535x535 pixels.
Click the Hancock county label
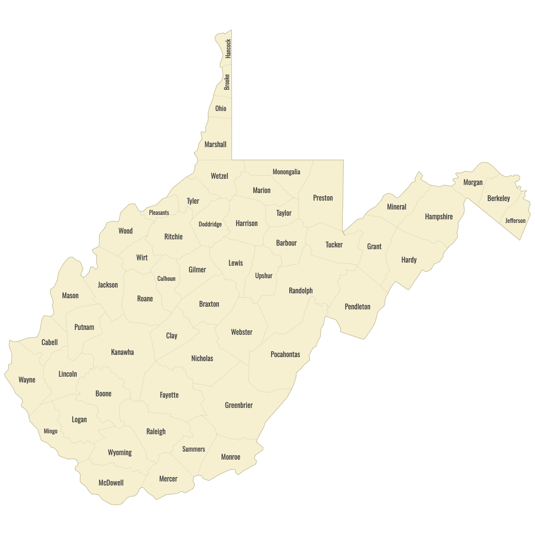tap(228, 49)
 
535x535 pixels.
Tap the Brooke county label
tap(227, 82)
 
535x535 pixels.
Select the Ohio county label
tap(221, 108)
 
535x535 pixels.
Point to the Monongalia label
tap(286, 172)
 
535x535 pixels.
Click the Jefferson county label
tap(515, 221)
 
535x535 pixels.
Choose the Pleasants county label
tap(159, 213)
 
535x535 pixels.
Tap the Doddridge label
tap(210, 224)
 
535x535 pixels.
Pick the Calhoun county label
tap(166, 279)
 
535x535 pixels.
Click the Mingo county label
tap(50, 431)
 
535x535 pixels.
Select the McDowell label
tap(111, 483)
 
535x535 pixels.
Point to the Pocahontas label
tap(285, 354)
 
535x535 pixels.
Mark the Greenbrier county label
tap(239, 405)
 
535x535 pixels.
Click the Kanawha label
tap(122, 352)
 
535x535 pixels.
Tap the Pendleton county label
tap(358, 307)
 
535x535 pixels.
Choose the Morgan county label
tap(473, 182)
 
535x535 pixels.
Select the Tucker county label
tap(334, 245)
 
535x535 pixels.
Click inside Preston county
tap(323, 198)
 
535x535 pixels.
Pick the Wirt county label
tap(142, 258)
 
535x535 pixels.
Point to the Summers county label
tap(193, 449)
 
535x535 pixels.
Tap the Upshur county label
tap(263, 276)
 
